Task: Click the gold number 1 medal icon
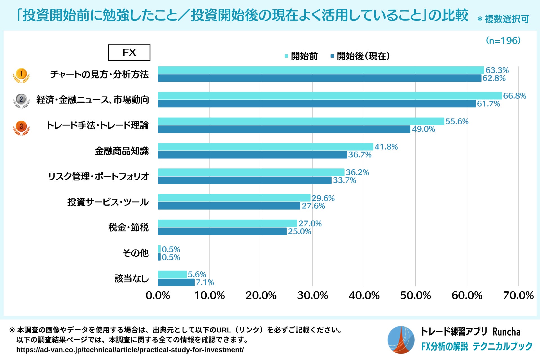point(21,75)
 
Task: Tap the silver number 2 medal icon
point(21,100)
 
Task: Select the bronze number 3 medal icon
point(21,127)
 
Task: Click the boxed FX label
point(129,53)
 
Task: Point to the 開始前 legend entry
point(301,56)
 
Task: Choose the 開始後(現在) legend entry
point(360,56)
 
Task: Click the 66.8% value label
point(514,96)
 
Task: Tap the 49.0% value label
point(423,129)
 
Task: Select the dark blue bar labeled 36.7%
point(252,155)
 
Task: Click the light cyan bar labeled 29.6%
point(234,198)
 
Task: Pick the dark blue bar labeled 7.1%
point(176,282)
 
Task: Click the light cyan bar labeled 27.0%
point(227,223)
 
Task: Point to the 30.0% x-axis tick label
point(312,295)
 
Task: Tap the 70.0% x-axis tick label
point(518,295)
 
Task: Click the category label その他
point(135,253)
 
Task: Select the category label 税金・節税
point(128,227)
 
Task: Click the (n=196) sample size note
point(503,40)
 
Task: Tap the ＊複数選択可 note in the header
point(503,19)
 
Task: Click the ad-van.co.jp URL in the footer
point(130,350)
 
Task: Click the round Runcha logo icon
point(401,340)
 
